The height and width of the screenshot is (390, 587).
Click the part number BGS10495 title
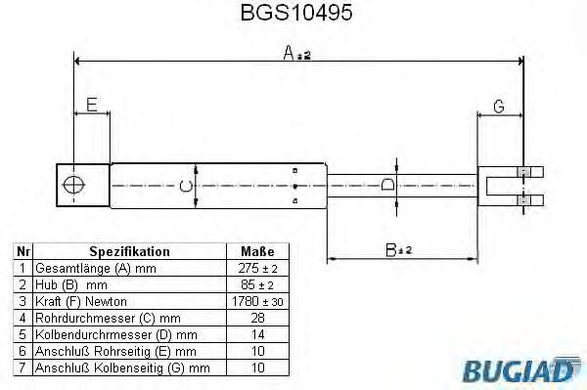(296, 13)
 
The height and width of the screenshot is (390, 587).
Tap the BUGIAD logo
(521, 369)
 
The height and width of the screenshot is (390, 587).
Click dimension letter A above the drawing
(289, 53)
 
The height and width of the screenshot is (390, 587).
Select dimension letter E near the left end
(92, 105)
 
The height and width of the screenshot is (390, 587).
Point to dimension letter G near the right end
(499, 107)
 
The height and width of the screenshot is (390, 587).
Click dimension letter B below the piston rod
(391, 250)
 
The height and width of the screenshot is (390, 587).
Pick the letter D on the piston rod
(387, 185)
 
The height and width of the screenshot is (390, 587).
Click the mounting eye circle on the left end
(73, 185)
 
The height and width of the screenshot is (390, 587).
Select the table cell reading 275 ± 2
(257, 268)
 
